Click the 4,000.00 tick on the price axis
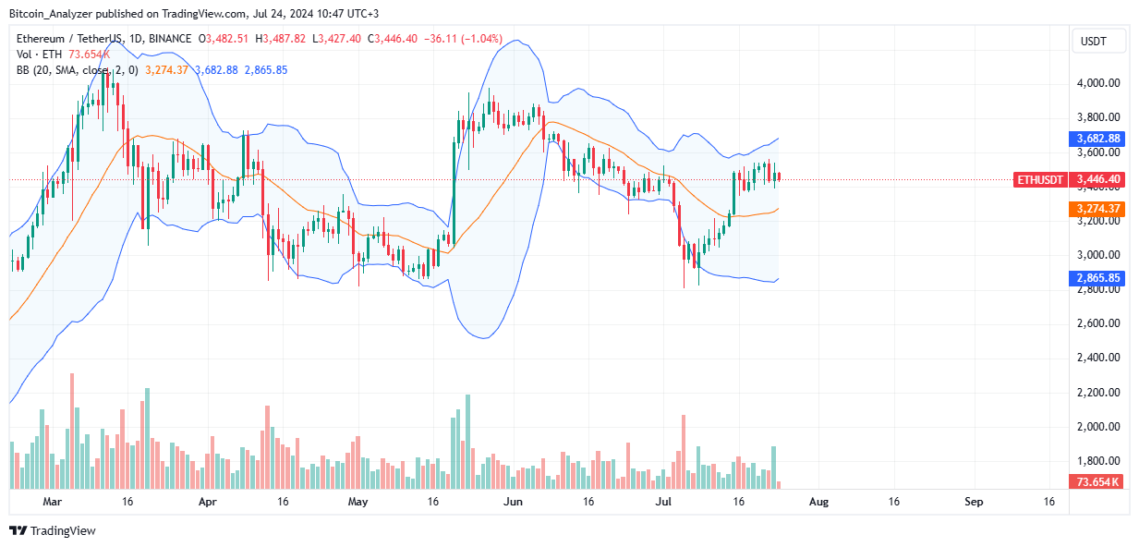(x=1098, y=83)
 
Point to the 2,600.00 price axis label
(x=1098, y=323)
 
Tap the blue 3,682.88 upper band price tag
(x=1098, y=139)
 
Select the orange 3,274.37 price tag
(x=1098, y=209)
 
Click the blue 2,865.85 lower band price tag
(x=1098, y=277)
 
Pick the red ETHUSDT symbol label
(x=1039, y=179)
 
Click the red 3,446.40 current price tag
(x=1098, y=179)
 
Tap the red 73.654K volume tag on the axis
(x=1098, y=482)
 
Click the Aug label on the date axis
(x=818, y=502)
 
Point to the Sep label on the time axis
(x=974, y=502)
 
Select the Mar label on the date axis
(x=53, y=502)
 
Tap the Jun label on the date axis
(x=514, y=502)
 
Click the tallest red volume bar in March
(x=72, y=431)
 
